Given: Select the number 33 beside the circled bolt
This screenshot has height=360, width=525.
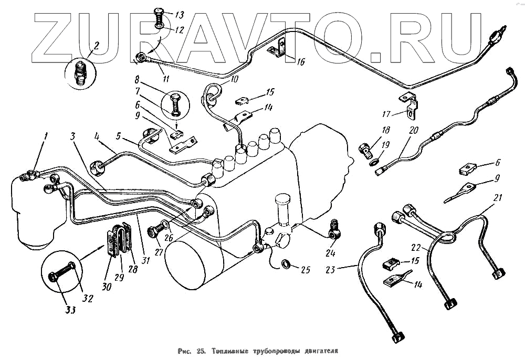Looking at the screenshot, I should (x=70, y=310).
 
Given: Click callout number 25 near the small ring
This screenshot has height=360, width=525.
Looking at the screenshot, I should (x=305, y=270).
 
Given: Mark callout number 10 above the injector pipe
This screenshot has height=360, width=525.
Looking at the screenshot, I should (x=233, y=79).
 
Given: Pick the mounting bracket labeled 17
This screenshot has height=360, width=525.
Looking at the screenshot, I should (x=410, y=104).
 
